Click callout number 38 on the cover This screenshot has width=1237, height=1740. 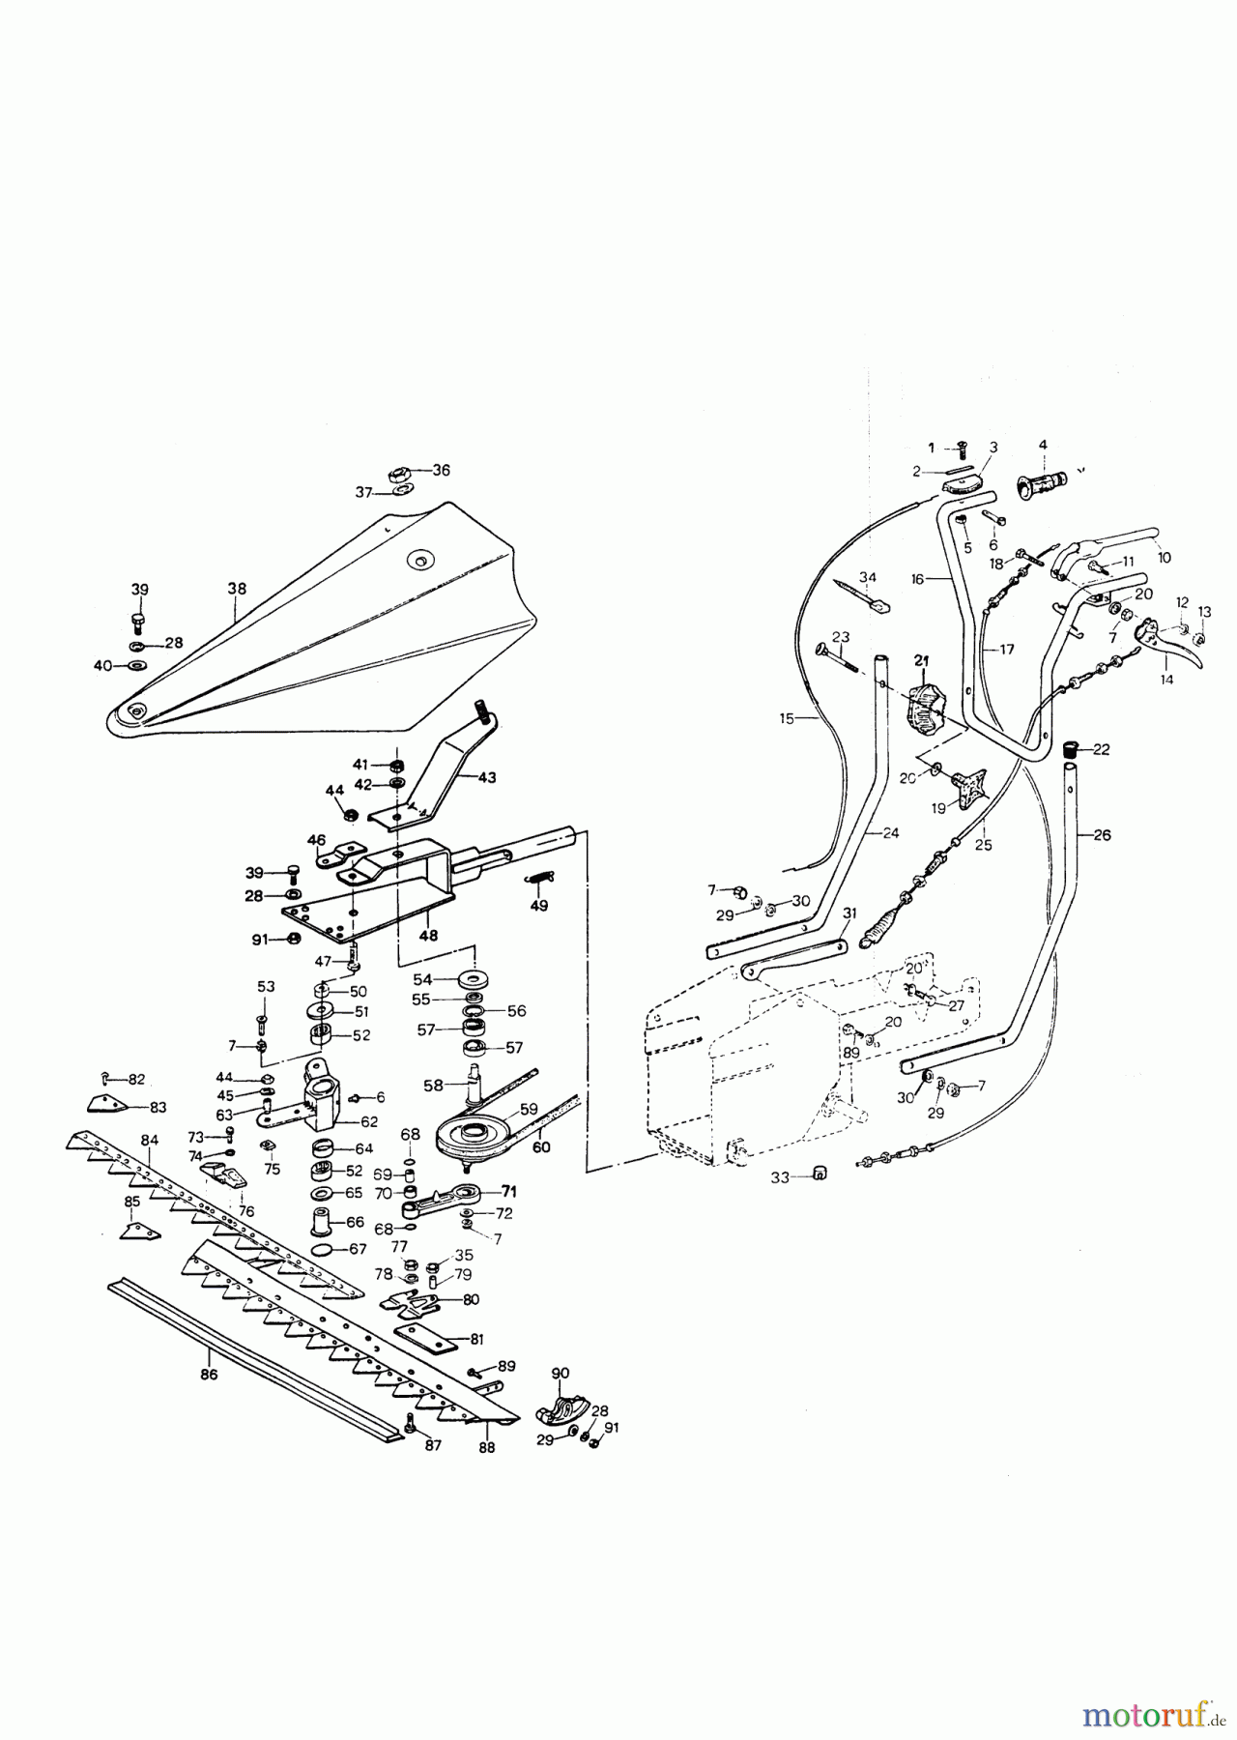(237, 588)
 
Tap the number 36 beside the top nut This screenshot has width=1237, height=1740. (441, 470)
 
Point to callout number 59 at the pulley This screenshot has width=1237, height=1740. (530, 1109)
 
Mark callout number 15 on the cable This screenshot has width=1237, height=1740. (787, 718)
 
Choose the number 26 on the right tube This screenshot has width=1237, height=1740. (1102, 834)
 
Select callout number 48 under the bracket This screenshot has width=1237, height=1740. (428, 936)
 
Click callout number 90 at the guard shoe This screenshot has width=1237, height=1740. (561, 1373)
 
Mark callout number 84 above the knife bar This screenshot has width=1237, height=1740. (149, 1141)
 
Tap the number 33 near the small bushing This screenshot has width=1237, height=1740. (781, 1177)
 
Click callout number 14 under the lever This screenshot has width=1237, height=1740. (1166, 680)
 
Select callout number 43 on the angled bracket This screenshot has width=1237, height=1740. (487, 777)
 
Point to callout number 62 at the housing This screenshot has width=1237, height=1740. (369, 1122)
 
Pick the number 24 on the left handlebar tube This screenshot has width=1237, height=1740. (890, 832)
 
